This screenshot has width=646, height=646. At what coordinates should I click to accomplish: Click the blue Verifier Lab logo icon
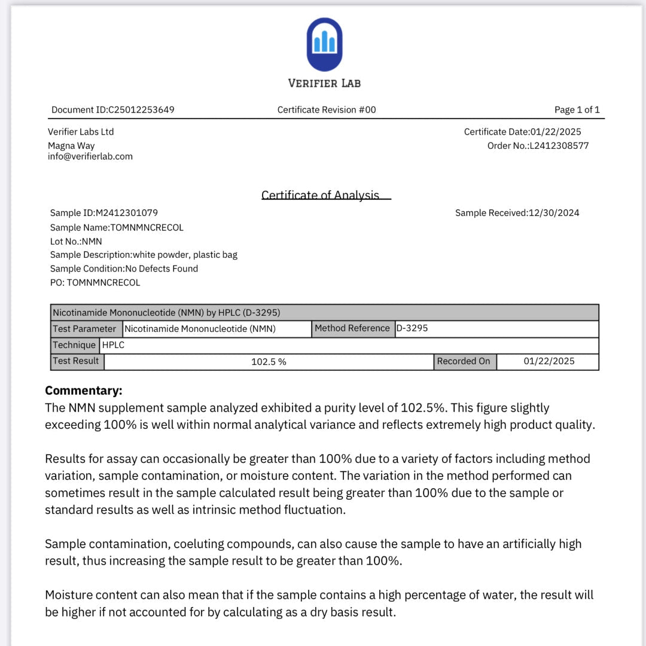(324, 44)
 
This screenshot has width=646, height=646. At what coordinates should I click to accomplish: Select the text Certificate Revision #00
(327, 109)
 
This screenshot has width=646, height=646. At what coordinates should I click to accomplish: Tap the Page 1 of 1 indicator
(577, 109)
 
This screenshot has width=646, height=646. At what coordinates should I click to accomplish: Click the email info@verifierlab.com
(90, 156)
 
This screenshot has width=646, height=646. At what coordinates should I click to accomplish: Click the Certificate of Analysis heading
(321, 195)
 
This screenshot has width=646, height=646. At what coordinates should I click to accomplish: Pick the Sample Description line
(144, 254)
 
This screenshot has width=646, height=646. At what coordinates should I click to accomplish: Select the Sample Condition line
(124, 269)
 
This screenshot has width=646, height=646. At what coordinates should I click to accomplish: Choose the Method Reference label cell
(352, 328)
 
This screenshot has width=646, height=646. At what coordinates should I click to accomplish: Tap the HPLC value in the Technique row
(114, 345)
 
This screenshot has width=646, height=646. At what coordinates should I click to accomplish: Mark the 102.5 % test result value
(269, 361)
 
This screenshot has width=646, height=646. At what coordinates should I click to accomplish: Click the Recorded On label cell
(464, 361)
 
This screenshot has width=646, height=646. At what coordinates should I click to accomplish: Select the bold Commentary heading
(84, 391)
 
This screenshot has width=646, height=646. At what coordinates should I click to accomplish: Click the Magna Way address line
(71, 145)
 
